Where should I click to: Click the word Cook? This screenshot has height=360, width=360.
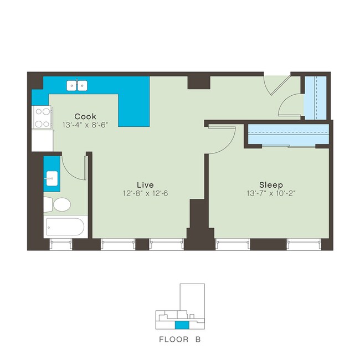85,116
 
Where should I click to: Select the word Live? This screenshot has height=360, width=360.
146,184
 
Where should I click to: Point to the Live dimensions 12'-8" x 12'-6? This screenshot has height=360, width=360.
145,193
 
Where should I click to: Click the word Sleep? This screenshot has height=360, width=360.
271,184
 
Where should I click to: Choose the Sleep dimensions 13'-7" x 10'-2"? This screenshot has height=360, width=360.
271,193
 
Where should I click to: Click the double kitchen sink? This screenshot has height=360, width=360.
78,85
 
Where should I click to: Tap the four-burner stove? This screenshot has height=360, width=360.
42,116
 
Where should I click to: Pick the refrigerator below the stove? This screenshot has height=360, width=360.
42,141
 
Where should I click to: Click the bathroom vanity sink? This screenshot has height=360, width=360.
52,177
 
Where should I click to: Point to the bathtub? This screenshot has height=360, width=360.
65,227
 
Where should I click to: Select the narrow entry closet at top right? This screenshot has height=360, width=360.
315,96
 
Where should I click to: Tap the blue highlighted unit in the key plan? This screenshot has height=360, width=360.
182,325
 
